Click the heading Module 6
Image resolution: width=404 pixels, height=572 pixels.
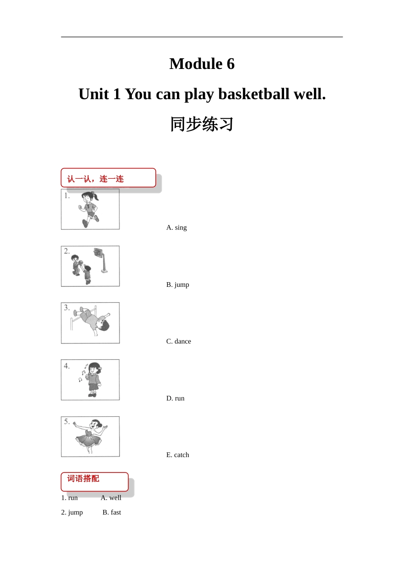[202, 63]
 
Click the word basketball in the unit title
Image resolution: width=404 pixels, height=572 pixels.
[254, 94]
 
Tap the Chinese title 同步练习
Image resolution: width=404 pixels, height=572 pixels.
[202, 124]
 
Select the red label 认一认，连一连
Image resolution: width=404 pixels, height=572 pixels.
[95, 179]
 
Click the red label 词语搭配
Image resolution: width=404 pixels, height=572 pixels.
[83, 478]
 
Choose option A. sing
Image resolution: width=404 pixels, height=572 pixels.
[176, 227]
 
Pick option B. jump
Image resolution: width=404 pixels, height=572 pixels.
[178, 284]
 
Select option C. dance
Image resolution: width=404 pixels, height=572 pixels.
[178, 341]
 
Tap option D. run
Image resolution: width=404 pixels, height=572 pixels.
[175, 398]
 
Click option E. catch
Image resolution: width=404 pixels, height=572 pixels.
[178, 455]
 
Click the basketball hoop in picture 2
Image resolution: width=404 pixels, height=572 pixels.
[101, 260]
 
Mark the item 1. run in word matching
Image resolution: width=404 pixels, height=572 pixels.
[69, 498]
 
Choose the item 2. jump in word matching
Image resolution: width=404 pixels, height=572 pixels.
[72, 512]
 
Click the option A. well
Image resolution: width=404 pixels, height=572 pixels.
[111, 498]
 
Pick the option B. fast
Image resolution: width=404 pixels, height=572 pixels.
[112, 512]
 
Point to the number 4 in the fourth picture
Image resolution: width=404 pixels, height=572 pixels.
[66, 366]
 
